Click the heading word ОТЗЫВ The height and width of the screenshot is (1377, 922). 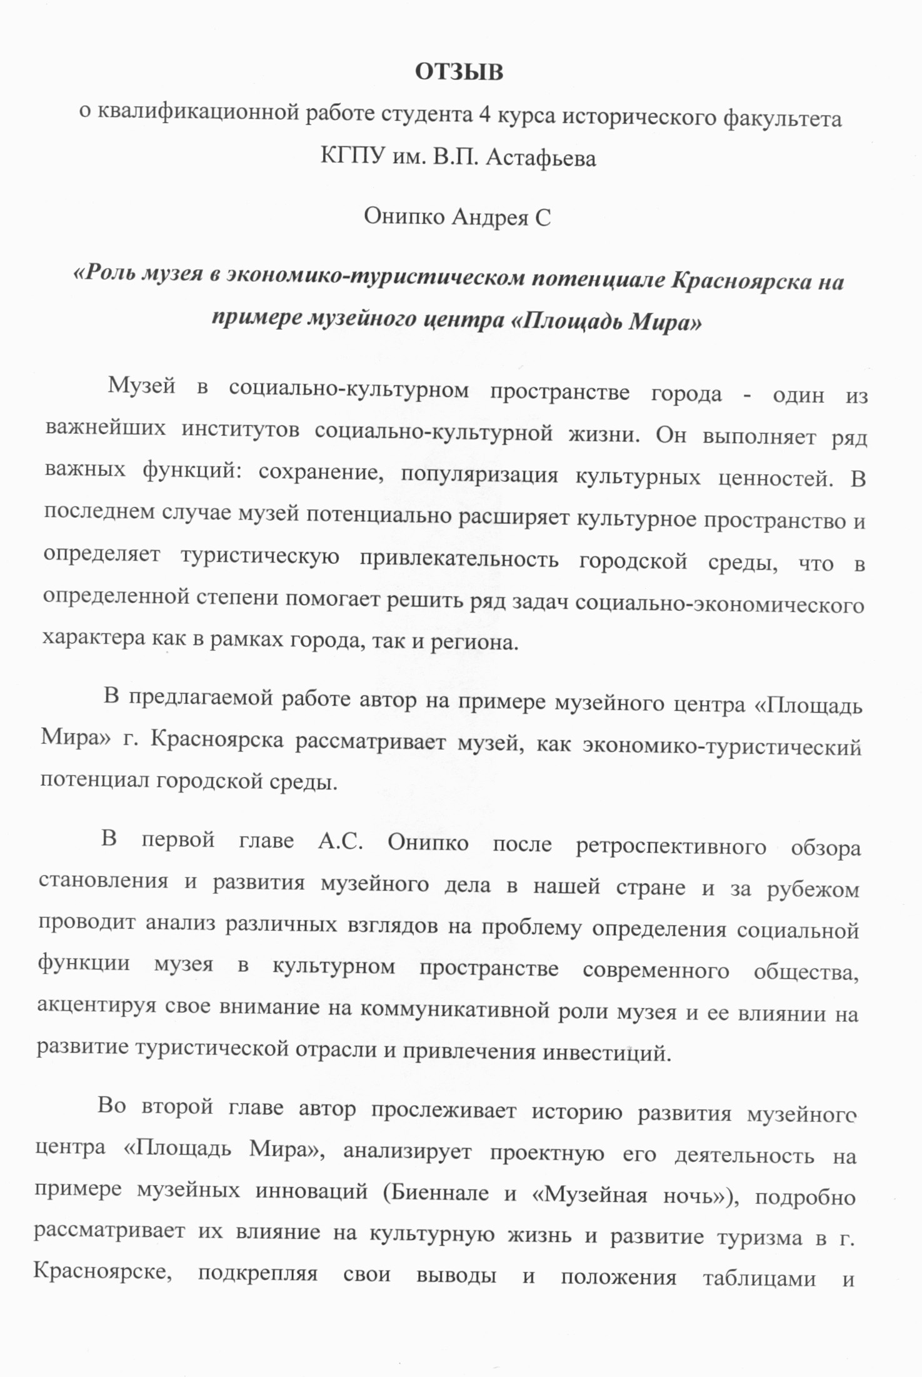tap(459, 73)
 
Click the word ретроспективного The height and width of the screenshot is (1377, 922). tap(671, 846)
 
